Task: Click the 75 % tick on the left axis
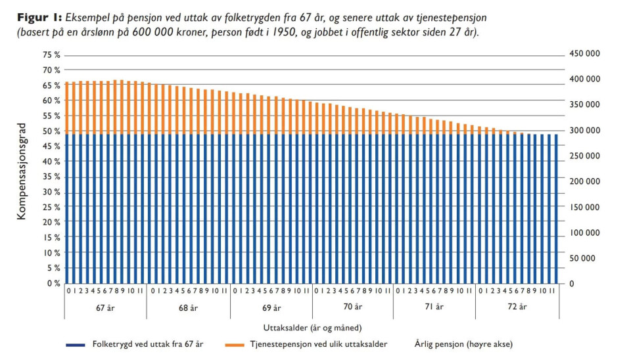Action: (51, 55)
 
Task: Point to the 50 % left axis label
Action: (51, 131)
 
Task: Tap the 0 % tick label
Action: (53, 284)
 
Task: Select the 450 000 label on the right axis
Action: (583, 55)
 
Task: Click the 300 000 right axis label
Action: (583, 131)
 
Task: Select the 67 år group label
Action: (105, 307)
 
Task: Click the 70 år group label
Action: (352, 307)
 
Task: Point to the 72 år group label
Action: (517, 307)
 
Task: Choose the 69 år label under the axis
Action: (271, 307)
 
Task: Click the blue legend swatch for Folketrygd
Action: (77, 344)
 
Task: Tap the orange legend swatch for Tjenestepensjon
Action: (235, 344)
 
